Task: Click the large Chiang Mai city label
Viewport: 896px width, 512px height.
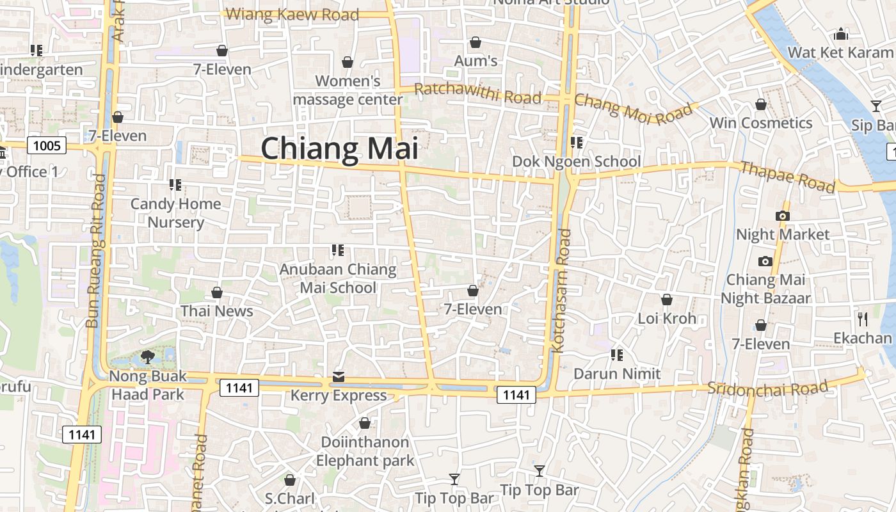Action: click(x=339, y=148)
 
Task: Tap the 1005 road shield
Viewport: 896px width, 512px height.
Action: click(x=47, y=146)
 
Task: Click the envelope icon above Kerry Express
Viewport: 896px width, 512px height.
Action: click(x=339, y=377)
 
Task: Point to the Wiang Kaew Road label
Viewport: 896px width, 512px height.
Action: click(x=292, y=14)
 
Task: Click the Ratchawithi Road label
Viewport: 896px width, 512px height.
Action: click(x=477, y=93)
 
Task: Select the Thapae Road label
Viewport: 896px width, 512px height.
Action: click(x=787, y=177)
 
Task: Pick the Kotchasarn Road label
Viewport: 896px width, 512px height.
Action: click(x=561, y=291)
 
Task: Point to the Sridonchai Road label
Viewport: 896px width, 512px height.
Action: click(x=767, y=387)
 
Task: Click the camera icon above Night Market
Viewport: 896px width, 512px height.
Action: click(x=782, y=216)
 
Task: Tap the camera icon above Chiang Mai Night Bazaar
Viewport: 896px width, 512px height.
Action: click(x=765, y=261)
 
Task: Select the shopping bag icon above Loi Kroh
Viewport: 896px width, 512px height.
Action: click(x=666, y=300)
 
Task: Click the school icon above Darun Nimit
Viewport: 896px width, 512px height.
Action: click(x=617, y=355)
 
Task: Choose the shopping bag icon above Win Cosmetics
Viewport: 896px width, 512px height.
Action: click(x=761, y=104)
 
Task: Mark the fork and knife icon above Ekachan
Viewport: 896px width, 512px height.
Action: click(x=863, y=319)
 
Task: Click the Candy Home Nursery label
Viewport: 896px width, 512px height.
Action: click(x=175, y=213)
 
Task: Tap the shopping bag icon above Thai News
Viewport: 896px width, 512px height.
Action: click(x=217, y=292)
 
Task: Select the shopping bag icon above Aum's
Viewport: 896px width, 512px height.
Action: click(x=476, y=42)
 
